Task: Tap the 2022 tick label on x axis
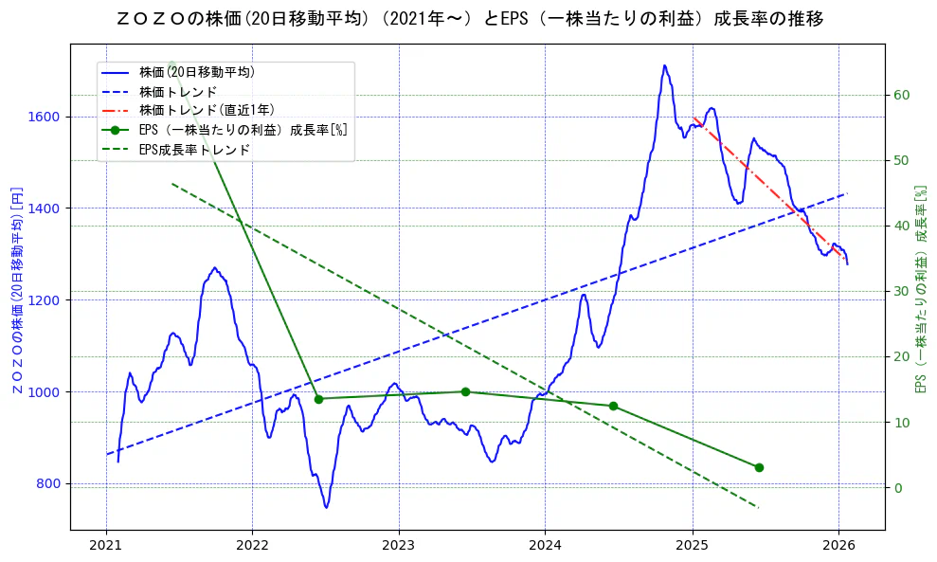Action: point(252,546)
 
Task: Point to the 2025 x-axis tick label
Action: point(693,546)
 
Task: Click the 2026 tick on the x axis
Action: point(839,546)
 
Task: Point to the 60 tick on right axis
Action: point(901,95)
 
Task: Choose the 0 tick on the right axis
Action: point(897,488)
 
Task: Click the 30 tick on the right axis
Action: point(901,291)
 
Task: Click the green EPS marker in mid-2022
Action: point(318,399)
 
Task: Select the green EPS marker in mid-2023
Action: point(465,391)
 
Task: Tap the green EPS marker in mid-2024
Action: point(613,406)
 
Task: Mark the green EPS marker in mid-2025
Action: point(759,467)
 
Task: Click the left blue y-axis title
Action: point(16,290)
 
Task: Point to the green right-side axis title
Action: point(920,290)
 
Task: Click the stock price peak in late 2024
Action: point(664,65)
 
